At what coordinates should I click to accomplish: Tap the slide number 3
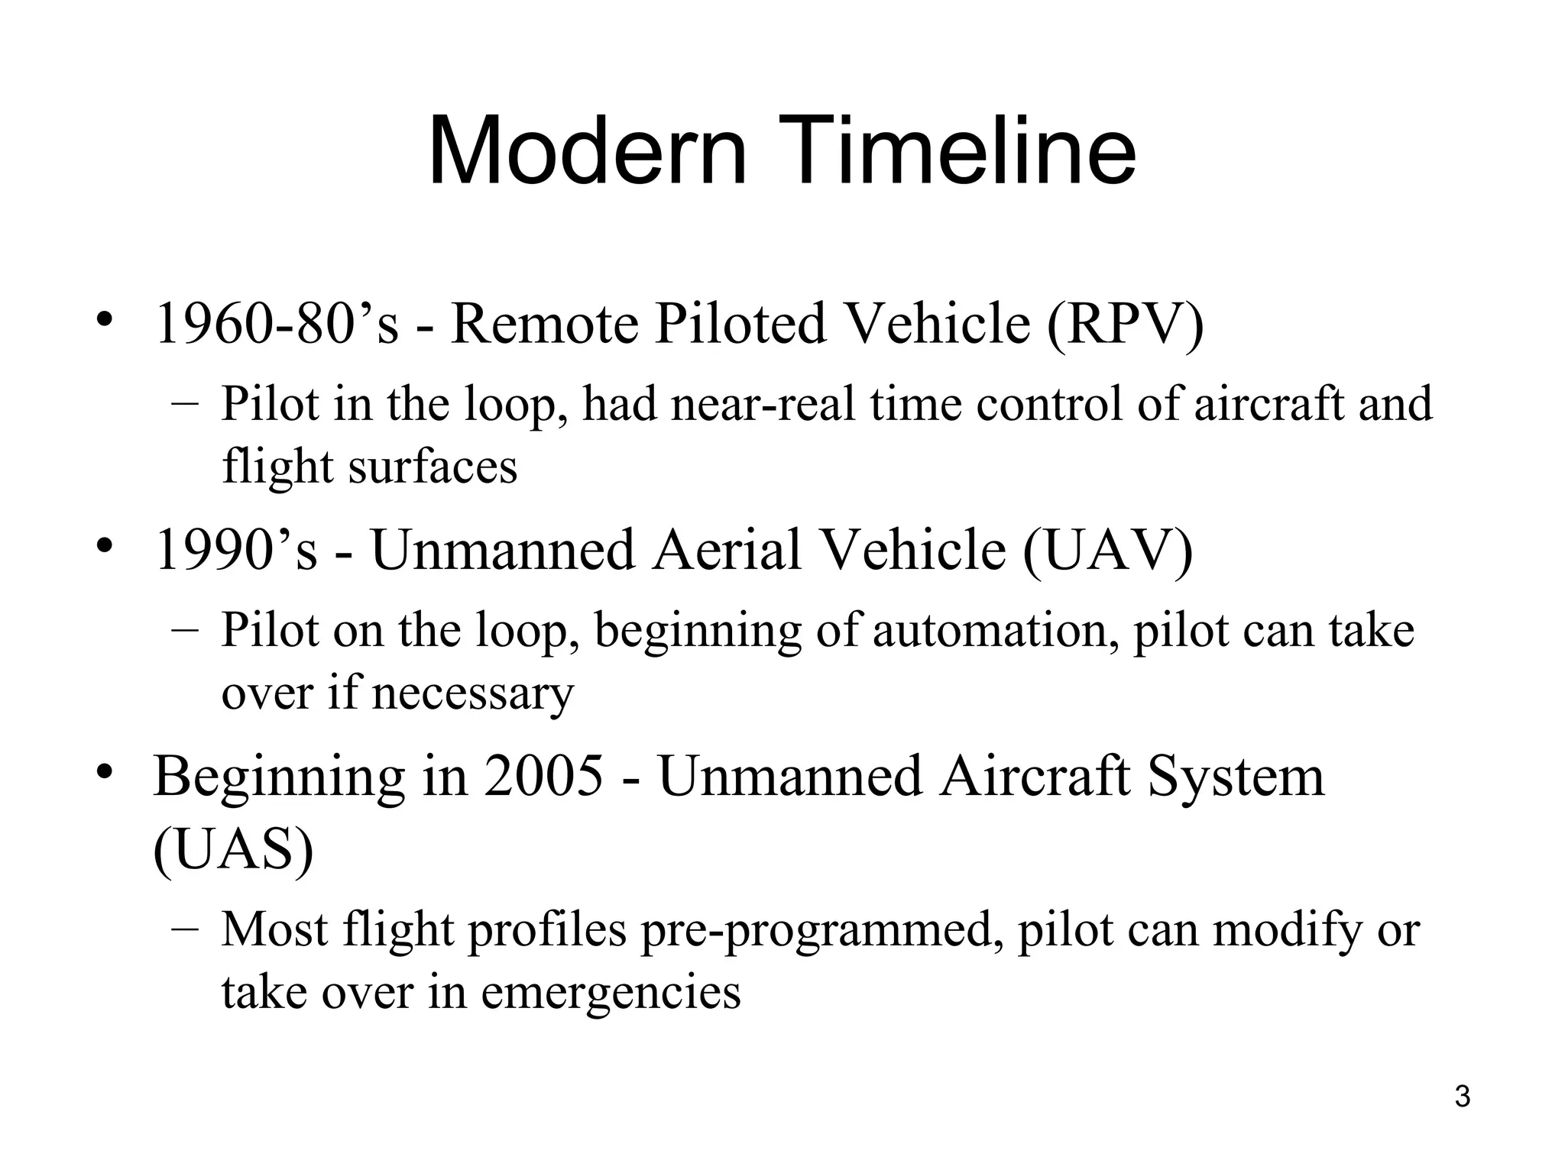pyautogui.click(x=1462, y=1097)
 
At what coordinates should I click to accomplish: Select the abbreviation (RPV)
pyautogui.click(x=1125, y=325)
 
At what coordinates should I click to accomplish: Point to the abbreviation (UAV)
pyautogui.click(x=1107, y=551)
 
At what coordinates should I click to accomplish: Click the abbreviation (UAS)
pyautogui.click(x=233, y=850)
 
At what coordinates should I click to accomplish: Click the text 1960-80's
pyautogui.click(x=277, y=325)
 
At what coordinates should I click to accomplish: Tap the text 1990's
pyautogui.click(x=235, y=551)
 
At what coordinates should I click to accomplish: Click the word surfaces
pyautogui.click(x=433, y=467)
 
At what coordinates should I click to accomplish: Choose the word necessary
pyautogui.click(x=472, y=694)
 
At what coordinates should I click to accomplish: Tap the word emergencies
pyautogui.click(x=611, y=994)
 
